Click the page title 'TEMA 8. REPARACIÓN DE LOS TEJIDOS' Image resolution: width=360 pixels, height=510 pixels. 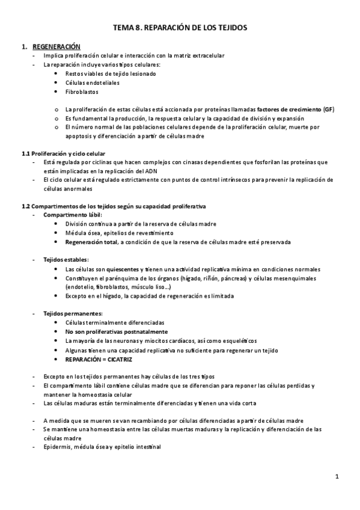pyautogui.click(x=180, y=28)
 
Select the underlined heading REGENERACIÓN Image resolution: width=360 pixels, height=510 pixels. pyautogui.click(x=56, y=46)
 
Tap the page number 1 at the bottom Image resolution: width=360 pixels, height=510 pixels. pyautogui.click(x=338, y=476)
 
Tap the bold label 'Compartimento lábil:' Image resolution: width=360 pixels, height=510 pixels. pyautogui.click(x=73, y=215)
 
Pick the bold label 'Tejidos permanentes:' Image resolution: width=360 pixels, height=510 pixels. pyautogui.click(x=73, y=313)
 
